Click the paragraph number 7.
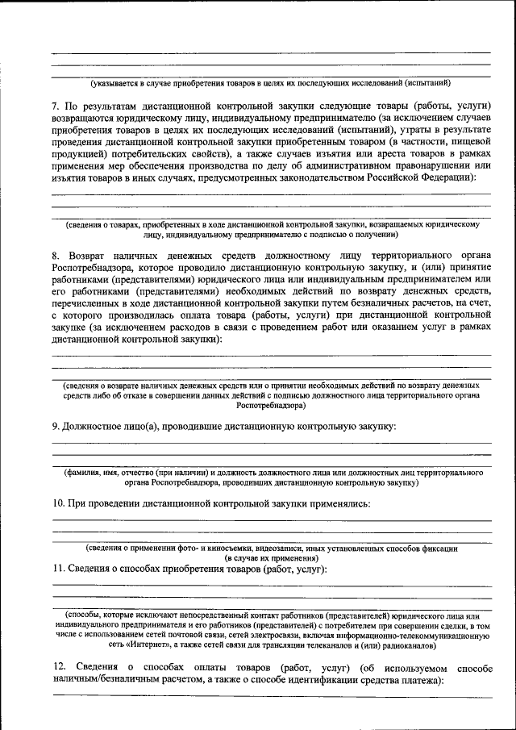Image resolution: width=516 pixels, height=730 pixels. (56, 106)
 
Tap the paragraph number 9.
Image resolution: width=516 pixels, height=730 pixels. (56, 425)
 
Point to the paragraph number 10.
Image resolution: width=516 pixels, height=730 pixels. (58, 503)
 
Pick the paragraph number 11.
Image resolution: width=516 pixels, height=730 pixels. (58, 569)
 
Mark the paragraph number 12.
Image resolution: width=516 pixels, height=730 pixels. (59, 669)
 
